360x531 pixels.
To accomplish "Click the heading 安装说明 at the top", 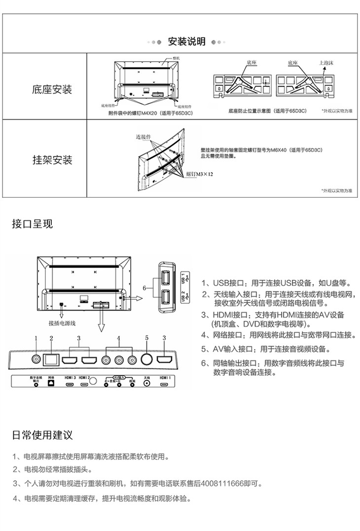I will tap(186, 41).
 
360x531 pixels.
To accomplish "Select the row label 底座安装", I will tap(52, 90).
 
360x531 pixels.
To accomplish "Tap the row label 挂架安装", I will tap(52, 160).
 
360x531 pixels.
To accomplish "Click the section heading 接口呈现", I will tap(32, 224).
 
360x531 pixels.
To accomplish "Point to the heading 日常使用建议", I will tap(42, 435).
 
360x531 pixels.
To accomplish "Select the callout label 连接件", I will tap(143, 136).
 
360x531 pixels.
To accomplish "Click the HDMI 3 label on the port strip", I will tap(71, 377).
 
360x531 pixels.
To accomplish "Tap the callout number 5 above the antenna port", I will tap(146, 338).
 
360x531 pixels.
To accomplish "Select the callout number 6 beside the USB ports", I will tap(144, 287).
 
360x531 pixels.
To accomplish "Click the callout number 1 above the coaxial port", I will tap(36, 338).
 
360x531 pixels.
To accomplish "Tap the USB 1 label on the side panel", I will tap(183, 277).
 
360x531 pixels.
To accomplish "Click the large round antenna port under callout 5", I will tap(146, 359).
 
